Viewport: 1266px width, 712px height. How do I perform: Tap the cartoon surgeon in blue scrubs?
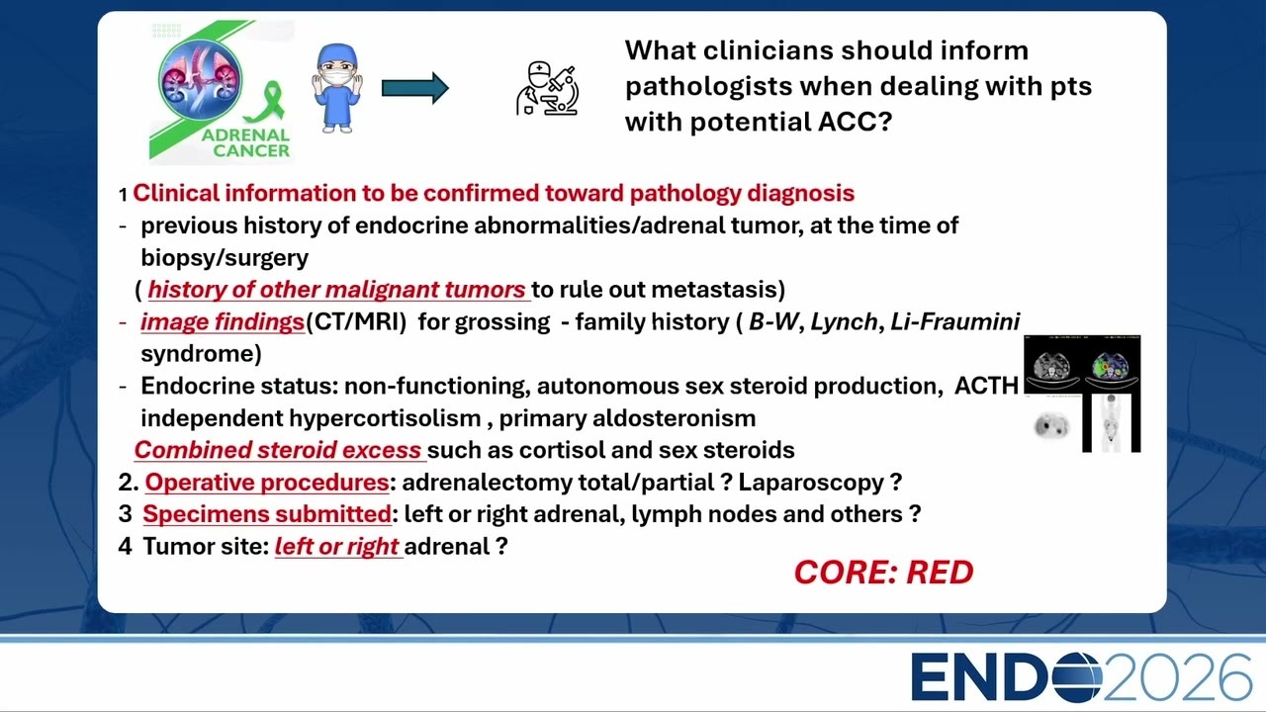(337, 88)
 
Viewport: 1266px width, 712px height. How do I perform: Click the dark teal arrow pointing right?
(415, 88)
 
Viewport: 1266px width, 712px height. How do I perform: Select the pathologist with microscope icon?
(547, 89)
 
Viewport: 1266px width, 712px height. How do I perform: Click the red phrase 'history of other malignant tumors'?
(337, 290)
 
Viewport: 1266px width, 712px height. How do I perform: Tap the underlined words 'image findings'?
(223, 321)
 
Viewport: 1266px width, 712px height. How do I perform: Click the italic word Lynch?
(845, 321)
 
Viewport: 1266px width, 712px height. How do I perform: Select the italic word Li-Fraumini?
(955, 321)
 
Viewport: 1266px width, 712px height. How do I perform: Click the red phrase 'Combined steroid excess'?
(278, 450)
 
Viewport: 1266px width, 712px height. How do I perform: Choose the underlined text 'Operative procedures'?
(267, 483)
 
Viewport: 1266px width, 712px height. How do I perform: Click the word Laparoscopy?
(811, 483)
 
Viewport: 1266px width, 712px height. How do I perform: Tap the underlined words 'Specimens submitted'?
(267, 514)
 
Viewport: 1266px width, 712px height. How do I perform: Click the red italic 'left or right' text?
(337, 547)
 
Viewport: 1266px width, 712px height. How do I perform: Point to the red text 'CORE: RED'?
(884, 573)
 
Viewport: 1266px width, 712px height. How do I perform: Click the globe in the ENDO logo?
(1077, 677)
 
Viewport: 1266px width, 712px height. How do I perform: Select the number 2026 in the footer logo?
(1178, 677)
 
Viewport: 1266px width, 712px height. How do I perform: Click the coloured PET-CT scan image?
(1111, 366)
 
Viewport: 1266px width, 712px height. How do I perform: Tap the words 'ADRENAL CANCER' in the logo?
(246, 143)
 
